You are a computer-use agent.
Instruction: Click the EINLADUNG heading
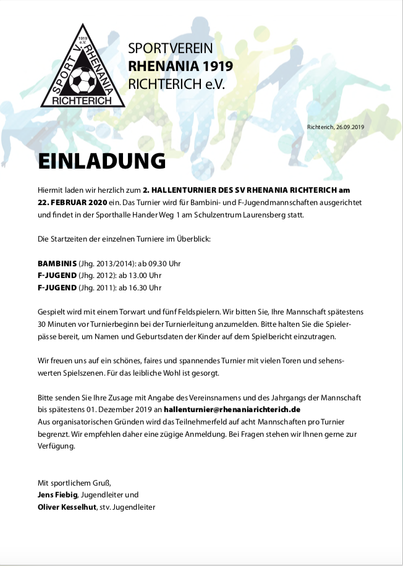point(102,161)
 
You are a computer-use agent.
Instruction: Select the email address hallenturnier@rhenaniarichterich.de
point(232,410)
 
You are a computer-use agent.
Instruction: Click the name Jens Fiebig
point(58,494)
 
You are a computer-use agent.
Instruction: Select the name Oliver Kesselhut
point(67,507)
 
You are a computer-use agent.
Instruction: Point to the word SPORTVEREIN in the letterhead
point(171,48)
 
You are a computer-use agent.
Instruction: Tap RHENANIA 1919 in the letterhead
point(180,66)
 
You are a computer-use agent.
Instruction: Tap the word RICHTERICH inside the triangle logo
point(82,99)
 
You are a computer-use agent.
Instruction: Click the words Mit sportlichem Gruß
point(74,482)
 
